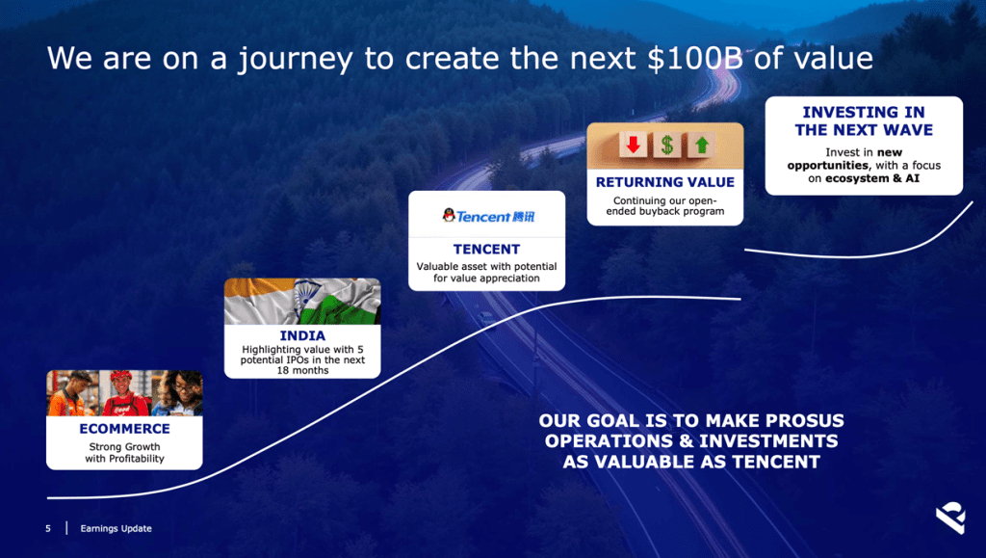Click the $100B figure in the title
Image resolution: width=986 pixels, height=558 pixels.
[x=695, y=58]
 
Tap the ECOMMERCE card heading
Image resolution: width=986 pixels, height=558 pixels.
[x=124, y=429]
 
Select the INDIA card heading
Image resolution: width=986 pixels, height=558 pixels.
[x=302, y=335]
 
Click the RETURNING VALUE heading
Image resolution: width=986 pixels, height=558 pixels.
[x=665, y=182]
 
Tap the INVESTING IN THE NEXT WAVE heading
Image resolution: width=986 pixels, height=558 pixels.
[x=864, y=120]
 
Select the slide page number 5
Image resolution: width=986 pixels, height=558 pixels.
[x=48, y=528]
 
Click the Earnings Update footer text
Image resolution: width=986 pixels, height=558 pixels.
[x=116, y=528]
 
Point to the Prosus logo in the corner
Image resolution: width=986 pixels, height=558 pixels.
[x=950, y=518]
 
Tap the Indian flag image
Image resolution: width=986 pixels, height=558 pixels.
[x=302, y=302]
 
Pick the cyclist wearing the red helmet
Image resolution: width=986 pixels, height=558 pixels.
[x=123, y=393]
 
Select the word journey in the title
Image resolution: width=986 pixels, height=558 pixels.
[x=295, y=59]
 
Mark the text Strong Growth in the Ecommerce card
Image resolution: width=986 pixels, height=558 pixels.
[x=124, y=446]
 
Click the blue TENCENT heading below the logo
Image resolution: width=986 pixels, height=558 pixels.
[x=486, y=249]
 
